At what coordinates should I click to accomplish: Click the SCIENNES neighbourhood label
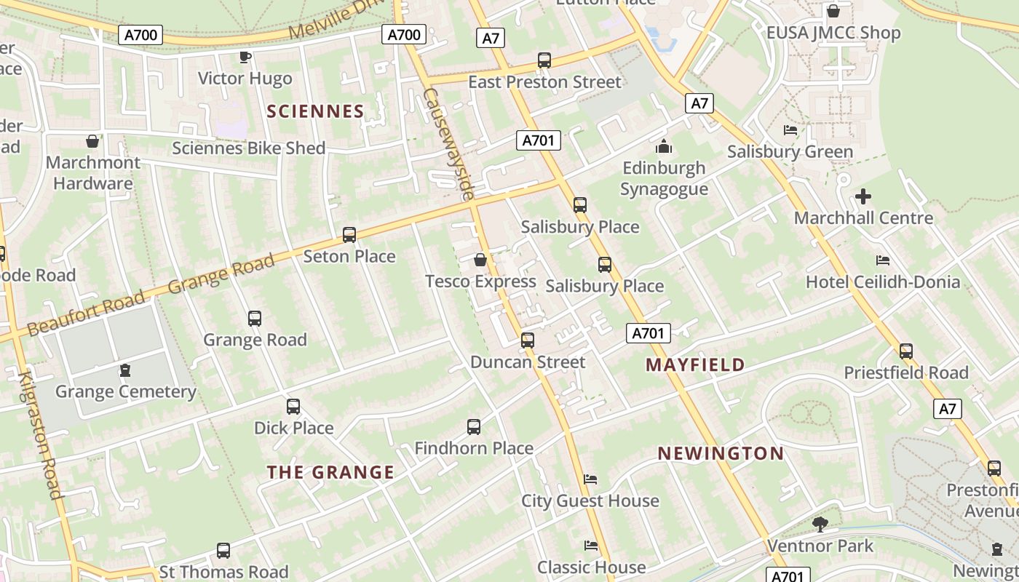315,111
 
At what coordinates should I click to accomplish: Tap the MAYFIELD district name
695,364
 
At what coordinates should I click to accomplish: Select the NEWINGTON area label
721,453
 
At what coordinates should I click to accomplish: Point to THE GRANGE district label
330,472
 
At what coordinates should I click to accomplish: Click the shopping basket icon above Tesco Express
480,260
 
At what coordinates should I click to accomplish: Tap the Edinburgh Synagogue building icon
663,147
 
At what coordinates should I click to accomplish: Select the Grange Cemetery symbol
125,371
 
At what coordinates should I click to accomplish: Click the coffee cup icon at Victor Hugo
245,57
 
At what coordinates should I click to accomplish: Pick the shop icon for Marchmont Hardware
92,140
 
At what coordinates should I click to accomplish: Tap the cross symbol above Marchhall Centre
863,196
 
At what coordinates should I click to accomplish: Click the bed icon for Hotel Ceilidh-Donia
883,260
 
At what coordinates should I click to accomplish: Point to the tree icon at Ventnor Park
820,524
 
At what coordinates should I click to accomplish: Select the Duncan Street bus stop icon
528,340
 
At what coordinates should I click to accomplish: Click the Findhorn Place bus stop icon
474,426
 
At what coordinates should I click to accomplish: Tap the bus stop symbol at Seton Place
349,235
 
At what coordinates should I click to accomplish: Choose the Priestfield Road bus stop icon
906,351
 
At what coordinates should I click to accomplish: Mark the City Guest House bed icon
591,479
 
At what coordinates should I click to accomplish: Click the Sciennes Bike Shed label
248,148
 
